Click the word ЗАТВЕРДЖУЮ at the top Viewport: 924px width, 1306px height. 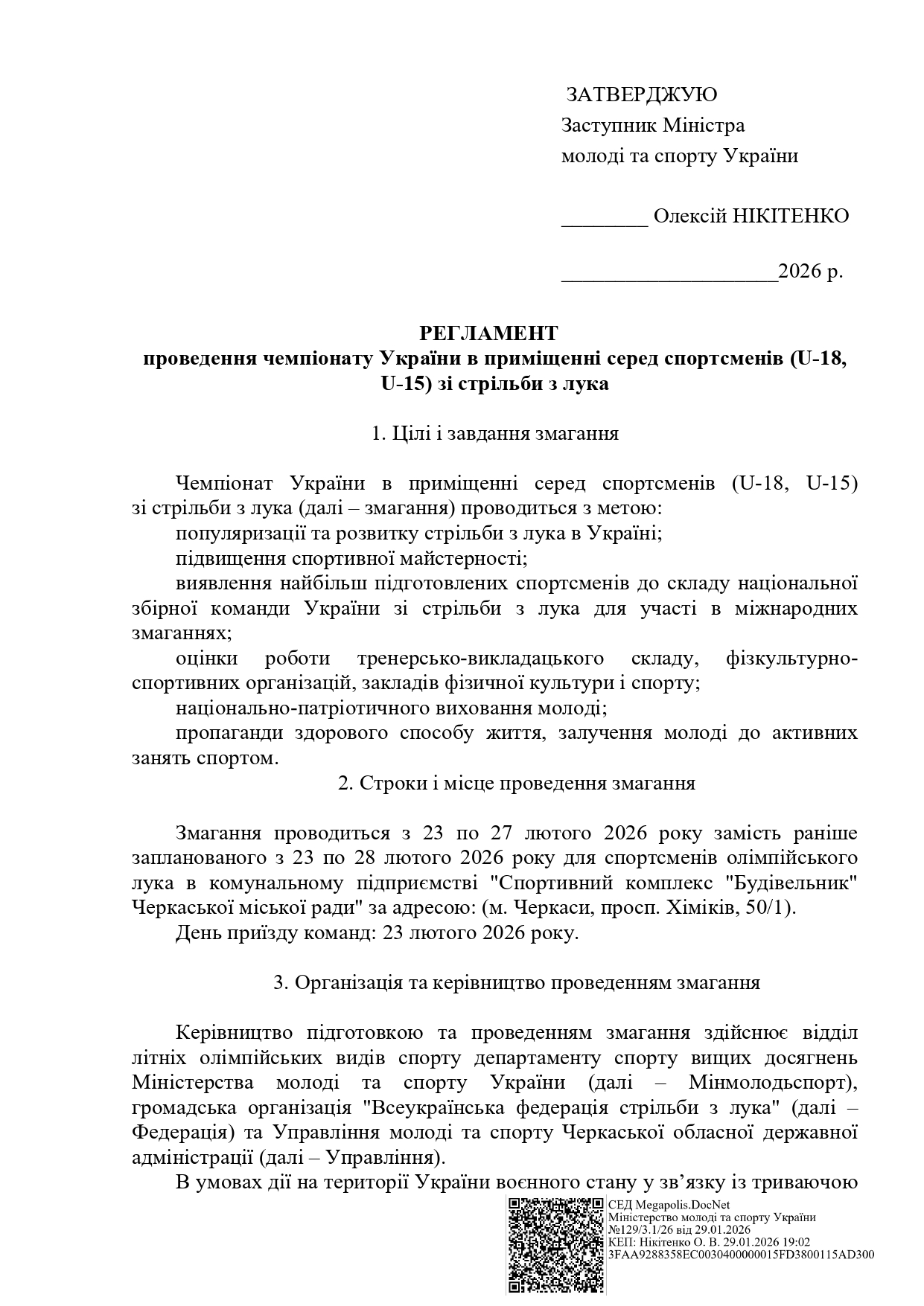641,95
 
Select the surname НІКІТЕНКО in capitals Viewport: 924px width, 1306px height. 791,217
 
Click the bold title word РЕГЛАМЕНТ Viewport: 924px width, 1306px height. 488,332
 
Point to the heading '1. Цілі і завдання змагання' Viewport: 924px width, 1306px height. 495,434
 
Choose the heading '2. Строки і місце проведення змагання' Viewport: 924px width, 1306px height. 516,783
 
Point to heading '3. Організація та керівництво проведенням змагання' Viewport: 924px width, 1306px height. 516,982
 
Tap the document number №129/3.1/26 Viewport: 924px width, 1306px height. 640,1229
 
